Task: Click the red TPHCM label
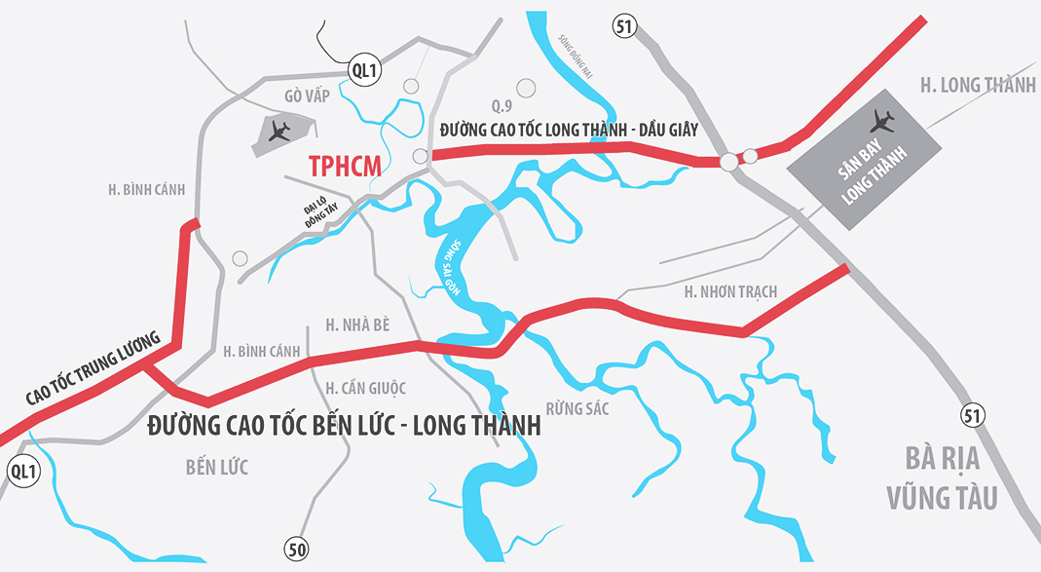(345, 167)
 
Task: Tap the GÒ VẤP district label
(308, 95)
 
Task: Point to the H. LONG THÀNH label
(978, 86)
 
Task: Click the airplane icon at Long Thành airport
(884, 121)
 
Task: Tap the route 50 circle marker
(297, 549)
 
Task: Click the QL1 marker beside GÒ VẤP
(363, 70)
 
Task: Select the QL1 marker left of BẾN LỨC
(22, 472)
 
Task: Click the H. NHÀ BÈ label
(357, 324)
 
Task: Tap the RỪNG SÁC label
(577, 408)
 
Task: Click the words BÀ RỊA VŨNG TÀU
(942, 477)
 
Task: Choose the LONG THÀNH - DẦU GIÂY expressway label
(569, 130)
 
